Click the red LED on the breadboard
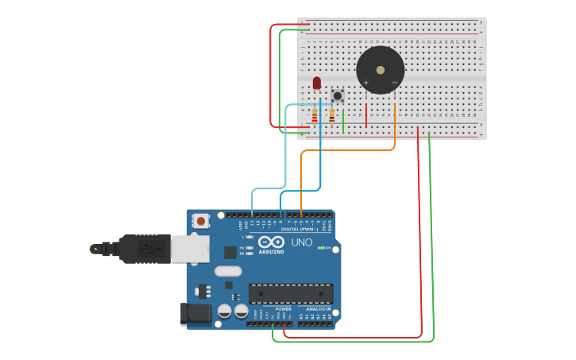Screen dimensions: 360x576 [x=317, y=83]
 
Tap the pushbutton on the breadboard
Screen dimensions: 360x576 [x=338, y=95]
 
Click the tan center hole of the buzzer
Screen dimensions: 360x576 [x=381, y=70]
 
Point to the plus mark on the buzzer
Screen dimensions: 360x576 [x=366, y=83]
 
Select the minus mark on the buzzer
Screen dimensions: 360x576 [x=394, y=83]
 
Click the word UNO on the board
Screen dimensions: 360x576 [x=302, y=242]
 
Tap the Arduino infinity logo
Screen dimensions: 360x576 [x=270, y=242]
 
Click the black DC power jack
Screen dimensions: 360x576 [x=196, y=314]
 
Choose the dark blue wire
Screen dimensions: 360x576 [x=320, y=159]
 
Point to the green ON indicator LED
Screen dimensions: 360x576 [x=321, y=248]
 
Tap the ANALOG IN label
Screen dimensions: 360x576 [x=319, y=309]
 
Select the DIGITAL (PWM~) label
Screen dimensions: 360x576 [x=299, y=229]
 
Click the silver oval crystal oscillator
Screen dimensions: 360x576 [x=228, y=271]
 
